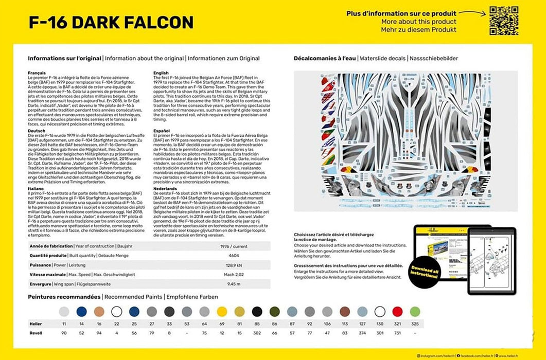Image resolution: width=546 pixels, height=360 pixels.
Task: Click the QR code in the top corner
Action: (503, 21)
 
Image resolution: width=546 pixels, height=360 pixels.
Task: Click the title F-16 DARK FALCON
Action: (111, 22)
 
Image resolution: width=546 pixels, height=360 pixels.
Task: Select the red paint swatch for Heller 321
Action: (397, 311)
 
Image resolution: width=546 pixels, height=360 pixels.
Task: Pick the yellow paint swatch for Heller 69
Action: (222, 311)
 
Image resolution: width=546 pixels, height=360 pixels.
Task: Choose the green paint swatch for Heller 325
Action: (415, 311)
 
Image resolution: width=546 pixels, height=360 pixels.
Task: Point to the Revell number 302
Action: (257, 333)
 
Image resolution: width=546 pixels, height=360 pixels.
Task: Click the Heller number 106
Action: (327, 323)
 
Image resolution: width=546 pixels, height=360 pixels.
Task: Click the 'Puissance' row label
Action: (40, 265)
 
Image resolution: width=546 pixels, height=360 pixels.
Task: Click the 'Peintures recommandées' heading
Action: (64, 297)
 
